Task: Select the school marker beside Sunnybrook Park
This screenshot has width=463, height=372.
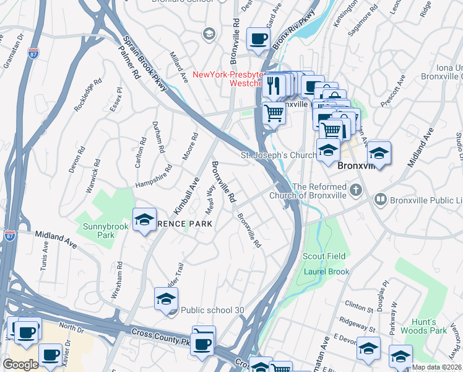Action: coord(144,219)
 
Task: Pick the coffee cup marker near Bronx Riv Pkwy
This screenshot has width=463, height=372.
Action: coord(258,39)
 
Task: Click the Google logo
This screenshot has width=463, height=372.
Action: coord(20,364)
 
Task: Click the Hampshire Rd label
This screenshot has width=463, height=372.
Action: coord(154,176)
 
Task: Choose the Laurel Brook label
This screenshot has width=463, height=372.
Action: coord(326,272)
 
